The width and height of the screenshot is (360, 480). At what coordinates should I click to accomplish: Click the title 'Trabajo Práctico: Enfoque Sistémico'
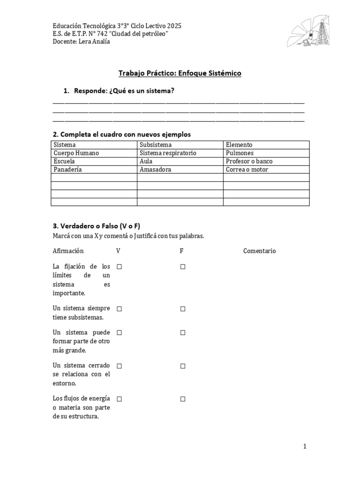tap(180, 74)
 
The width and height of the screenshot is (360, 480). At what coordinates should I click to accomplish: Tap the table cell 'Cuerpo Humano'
tap(76, 153)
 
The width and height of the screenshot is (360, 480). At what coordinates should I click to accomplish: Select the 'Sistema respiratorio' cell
tap(168, 153)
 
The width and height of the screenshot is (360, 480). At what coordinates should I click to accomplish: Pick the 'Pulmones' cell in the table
tap(240, 153)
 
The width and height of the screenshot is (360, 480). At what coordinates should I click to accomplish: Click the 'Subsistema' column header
tap(156, 145)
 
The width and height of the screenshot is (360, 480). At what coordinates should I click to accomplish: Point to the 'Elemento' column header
tap(239, 145)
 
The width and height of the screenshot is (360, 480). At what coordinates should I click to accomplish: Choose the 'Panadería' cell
tap(68, 169)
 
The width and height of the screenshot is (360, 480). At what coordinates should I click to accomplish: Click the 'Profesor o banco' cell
tap(249, 161)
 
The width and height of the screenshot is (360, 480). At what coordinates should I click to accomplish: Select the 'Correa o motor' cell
tap(247, 169)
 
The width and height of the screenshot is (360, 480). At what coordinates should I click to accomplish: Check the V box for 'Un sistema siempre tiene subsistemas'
tap(120, 309)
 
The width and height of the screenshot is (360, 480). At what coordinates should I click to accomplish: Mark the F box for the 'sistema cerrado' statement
tap(183, 366)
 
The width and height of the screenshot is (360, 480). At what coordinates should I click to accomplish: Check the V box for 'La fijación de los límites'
tap(120, 267)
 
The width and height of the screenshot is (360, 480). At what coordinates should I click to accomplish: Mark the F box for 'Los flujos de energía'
tap(183, 399)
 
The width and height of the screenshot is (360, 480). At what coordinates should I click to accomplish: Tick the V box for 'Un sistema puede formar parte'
tap(120, 332)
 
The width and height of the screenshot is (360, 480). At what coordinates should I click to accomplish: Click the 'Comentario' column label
tap(260, 251)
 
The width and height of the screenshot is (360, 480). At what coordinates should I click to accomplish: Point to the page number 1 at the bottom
tap(305, 447)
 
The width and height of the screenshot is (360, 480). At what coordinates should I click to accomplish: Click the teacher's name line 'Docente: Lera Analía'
tap(82, 42)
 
